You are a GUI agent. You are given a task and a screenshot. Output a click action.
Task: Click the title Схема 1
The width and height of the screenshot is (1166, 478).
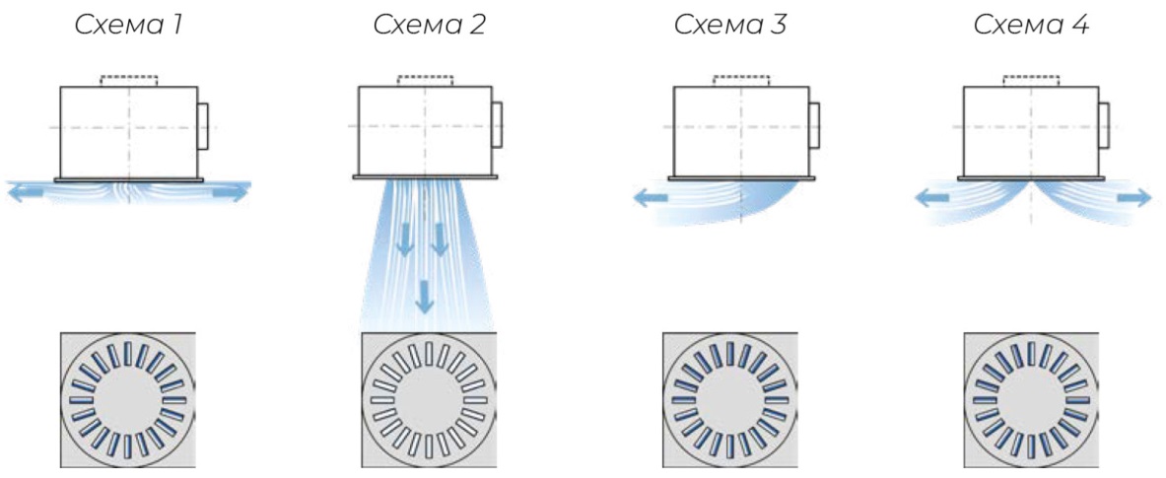click(x=127, y=26)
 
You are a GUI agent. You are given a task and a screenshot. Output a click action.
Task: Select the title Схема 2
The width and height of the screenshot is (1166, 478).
click(x=429, y=26)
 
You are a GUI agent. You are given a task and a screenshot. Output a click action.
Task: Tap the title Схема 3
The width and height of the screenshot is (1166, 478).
click(x=730, y=26)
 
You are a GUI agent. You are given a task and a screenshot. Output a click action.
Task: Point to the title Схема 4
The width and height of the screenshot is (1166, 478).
click(x=1031, y=26)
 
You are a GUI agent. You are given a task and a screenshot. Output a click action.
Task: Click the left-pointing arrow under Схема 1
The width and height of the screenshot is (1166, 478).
click(x=26, y=193)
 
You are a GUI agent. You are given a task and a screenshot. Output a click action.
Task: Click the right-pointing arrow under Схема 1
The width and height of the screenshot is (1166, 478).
click(x=231, y=193)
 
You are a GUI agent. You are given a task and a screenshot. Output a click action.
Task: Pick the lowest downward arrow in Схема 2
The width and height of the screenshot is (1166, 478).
click(x=425, y=296)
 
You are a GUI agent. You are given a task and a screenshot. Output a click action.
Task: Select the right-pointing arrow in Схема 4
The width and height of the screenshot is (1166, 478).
click(x=1134, y=198)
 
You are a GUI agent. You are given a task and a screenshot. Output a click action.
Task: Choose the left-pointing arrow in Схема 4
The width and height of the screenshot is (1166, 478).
click(x=931, y=198)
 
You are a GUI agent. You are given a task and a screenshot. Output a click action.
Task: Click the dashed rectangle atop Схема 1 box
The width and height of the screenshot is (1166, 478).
click(x=129, y=80)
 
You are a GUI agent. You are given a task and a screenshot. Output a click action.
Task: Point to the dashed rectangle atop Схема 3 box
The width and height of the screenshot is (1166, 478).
click(x=741, y=80)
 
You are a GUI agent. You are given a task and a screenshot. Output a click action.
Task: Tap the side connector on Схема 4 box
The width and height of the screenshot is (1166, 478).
click(x=1104, y=125)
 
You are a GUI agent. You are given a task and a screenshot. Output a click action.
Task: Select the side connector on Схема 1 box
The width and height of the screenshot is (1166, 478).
click(x=202, y=125)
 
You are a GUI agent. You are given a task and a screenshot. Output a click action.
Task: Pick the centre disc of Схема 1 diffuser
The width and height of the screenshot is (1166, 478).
click(x=127, y=399)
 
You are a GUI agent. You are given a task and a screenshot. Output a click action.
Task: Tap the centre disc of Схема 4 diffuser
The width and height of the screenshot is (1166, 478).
click(x=1031, y=399)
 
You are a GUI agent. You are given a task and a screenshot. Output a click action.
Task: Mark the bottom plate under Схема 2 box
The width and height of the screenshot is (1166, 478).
click(x=426, y=177)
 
